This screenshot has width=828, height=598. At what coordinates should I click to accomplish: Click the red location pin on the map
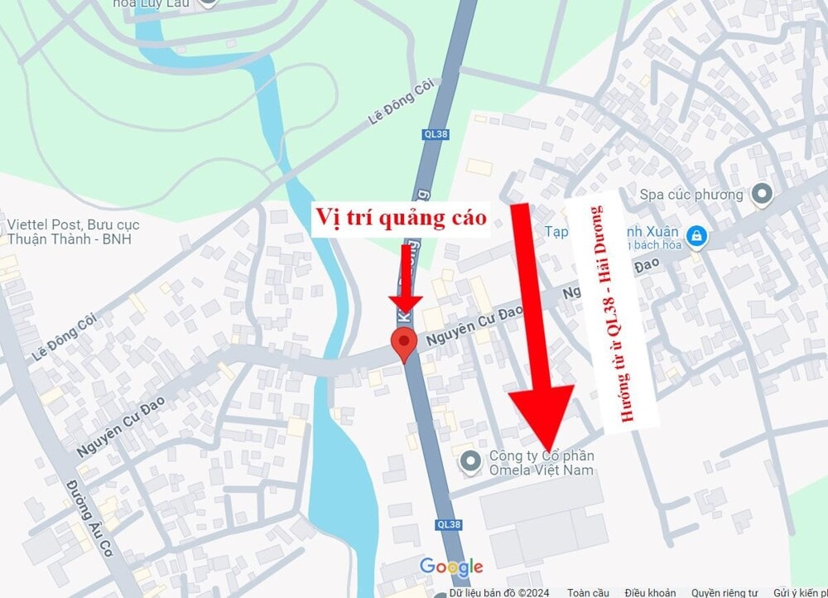pos(403,341)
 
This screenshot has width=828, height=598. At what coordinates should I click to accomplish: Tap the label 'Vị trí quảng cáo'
pos(398,218)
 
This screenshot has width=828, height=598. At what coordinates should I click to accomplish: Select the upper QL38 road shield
pos(436,133)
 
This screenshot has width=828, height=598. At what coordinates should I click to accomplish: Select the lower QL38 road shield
pos(448,524)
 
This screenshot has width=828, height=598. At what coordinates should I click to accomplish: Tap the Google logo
pos(451,567)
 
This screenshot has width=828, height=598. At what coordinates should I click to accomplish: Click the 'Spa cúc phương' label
pos(691,195)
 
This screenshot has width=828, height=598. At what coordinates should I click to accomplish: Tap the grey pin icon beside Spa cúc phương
pos(761,195)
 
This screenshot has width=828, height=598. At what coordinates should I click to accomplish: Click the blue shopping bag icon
pos(697,236)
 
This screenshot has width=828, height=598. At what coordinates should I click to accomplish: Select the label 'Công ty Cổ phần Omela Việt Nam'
pos(542,463)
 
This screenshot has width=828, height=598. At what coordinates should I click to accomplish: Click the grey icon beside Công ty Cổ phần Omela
pos(471,461)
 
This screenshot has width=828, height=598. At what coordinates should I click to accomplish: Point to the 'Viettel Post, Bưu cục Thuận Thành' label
pos(73,232)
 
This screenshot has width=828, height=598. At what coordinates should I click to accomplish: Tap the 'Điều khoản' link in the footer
pos(649,592)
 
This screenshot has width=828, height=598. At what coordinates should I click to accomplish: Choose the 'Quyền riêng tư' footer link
pos(724,592)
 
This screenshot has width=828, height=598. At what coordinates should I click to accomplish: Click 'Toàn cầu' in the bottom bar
pos(589,592)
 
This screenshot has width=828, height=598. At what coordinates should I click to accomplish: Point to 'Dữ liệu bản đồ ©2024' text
pos(500,592)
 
